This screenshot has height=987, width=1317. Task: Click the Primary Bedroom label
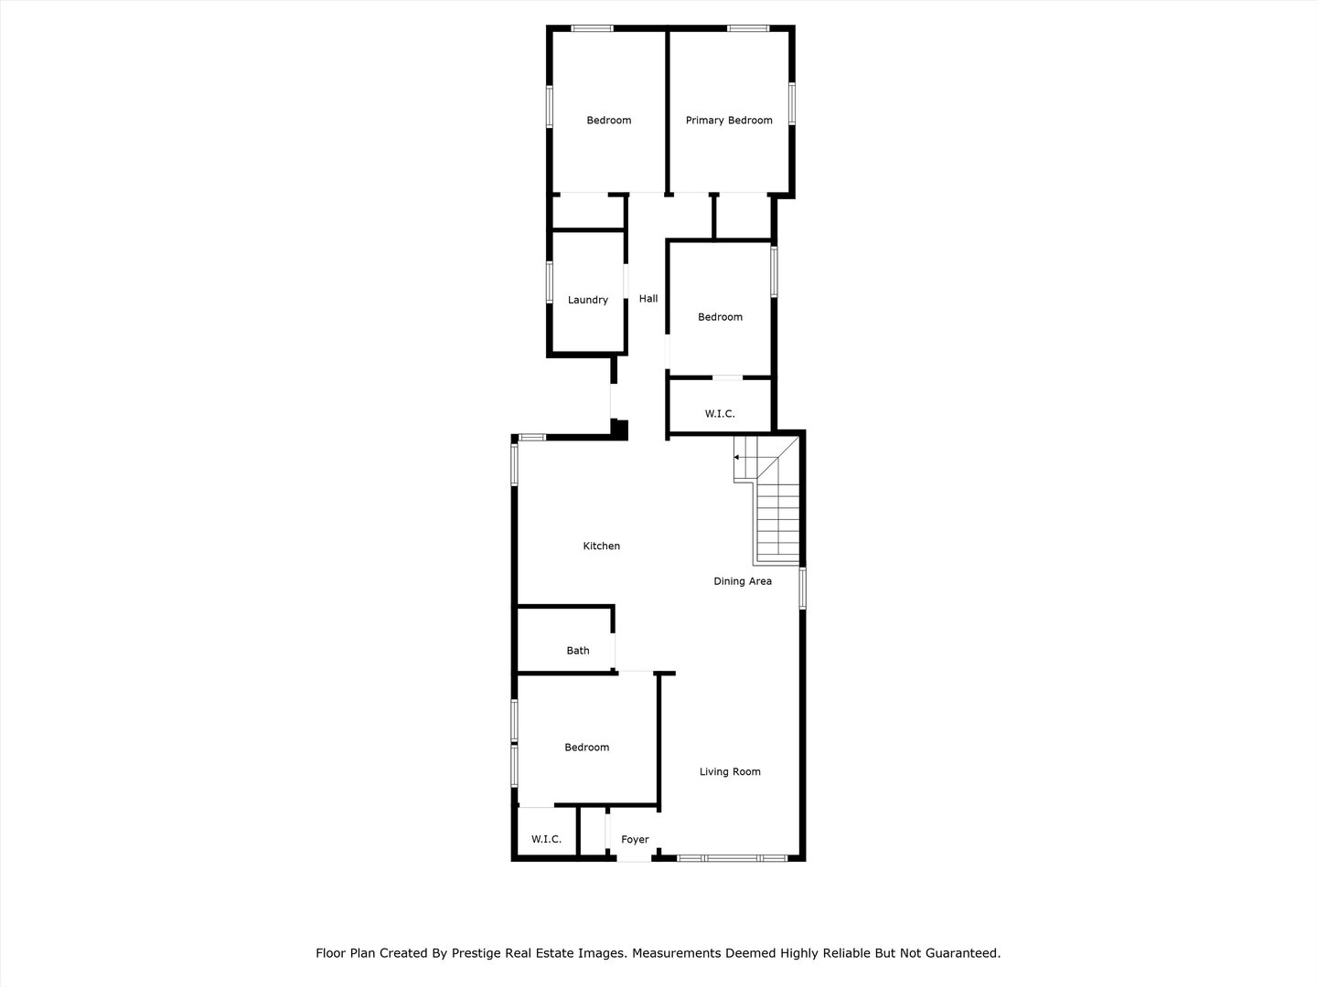[729, 121]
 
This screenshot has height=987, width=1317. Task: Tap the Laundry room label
[588, 300]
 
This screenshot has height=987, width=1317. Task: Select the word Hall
[648, 299]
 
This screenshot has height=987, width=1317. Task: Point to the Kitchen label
[602, 547]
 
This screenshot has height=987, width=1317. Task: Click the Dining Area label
[743, 581]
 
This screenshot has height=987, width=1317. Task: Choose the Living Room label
[730, 772]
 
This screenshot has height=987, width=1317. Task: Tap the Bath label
[578, 651]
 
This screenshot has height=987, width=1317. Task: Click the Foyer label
[635, 840]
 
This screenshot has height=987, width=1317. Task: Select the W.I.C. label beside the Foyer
[546, 840]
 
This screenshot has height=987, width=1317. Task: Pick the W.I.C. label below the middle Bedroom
[720, 414]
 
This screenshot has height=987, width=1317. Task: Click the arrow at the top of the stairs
[737, 457]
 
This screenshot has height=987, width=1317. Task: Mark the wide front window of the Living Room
[732, 858]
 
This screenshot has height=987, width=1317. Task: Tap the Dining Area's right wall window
[802, 588]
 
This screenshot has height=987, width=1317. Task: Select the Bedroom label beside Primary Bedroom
[609, 121]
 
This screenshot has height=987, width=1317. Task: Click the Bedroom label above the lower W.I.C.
[586, 748]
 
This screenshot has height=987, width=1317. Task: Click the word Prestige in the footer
[475, 953]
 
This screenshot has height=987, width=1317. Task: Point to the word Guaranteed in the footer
[963, 953]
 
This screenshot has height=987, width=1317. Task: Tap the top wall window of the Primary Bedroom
[748, 28]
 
